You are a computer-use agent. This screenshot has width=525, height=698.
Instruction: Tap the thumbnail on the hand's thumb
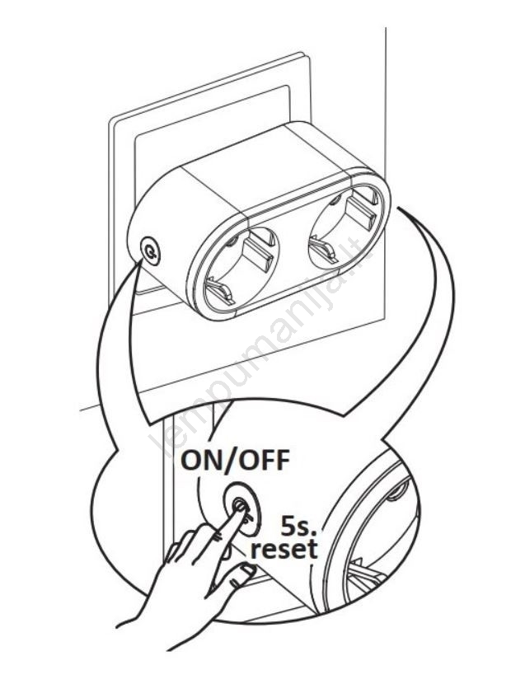(245, 570)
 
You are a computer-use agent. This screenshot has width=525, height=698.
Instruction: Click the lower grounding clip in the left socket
(217, 289)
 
